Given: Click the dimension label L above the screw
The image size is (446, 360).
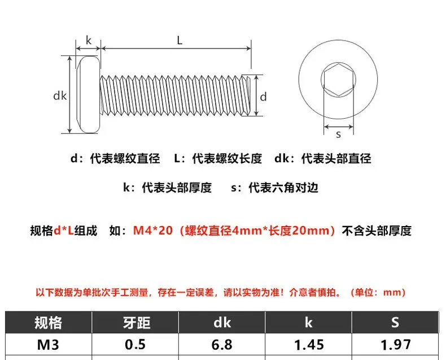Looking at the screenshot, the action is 180,41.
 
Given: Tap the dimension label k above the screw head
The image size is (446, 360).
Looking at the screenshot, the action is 89,41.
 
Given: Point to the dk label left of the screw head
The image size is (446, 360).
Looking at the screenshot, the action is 60,96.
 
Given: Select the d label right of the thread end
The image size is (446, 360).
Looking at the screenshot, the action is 264,97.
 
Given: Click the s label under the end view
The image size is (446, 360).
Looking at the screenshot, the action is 338,134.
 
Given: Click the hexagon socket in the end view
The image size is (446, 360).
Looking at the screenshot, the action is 338,80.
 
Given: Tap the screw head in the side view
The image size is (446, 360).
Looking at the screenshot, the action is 88,94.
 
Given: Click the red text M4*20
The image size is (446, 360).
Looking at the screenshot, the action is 153,231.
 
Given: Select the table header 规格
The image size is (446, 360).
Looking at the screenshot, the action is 48,323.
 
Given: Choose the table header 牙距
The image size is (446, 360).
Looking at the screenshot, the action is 137,323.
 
